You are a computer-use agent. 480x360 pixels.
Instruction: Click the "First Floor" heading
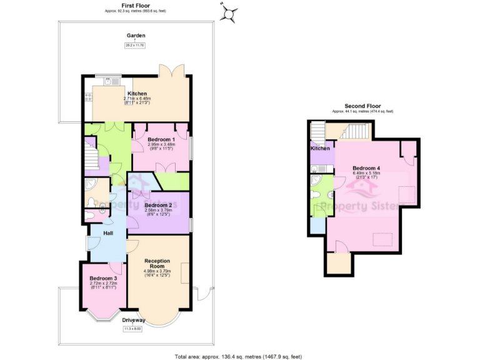(x=134, y=4)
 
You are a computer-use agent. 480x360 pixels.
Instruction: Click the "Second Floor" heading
(x=363, y=106)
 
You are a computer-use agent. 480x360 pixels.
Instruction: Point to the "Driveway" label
(x=134, y=321)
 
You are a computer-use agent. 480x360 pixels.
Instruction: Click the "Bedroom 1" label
(x=161, y=139)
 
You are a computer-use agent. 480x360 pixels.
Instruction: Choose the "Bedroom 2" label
(x=157, y=205)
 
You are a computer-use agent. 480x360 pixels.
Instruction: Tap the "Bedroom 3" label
(x=103, y=278)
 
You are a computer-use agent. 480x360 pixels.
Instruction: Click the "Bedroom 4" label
(x=366, y=168)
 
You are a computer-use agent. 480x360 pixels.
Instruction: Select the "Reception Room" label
(x=157, y=263)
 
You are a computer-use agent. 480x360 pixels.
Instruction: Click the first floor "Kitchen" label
(x=137, y=94)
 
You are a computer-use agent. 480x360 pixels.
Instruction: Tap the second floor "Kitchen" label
(x=320, y=149)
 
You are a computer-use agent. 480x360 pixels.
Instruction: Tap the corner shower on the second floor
(x=317, y=181)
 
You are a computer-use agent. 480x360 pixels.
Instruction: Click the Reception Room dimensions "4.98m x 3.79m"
(x=157, y=271)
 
